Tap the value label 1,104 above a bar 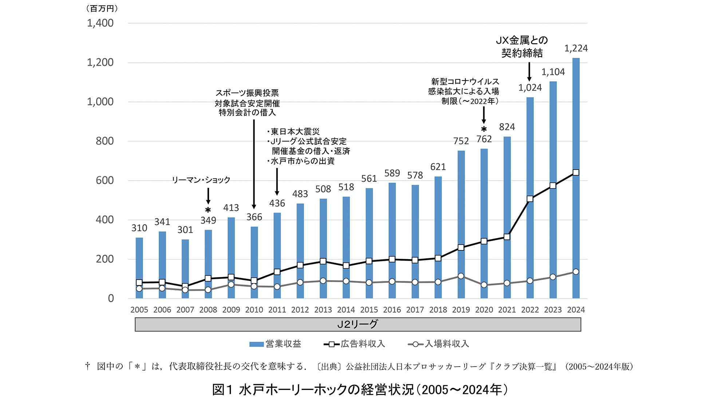tap(553, 72)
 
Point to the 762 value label tap(484, 139)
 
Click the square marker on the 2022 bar tap(530, 199)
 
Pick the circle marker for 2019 tap(461, 276)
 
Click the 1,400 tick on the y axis tap(100, 23)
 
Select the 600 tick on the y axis tap(105, 180)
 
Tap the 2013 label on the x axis tap(323, 310)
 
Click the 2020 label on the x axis tap(484, 310)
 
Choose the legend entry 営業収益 tap(276, 344)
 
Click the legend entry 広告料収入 tap(355, 344)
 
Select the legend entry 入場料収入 tap(439, 344)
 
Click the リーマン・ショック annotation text tap(201, 180)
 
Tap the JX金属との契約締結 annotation tap(522, 47)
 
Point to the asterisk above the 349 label tap(208, 210)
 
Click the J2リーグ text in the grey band tap(358, 324)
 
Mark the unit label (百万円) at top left tap(102, 9)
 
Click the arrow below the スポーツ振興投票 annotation tap(254, 164)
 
